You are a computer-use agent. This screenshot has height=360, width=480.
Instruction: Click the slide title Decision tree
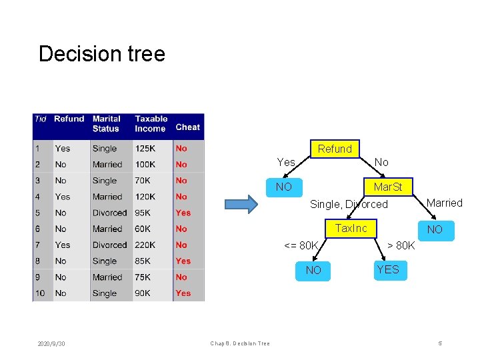[101, 53]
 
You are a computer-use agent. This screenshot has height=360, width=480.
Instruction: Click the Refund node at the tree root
[335, 149]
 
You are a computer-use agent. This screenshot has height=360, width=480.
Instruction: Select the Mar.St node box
[387, 187]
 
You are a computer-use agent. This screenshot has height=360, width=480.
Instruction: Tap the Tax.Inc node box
[351, 229]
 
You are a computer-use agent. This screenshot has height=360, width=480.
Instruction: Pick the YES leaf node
[387, 269]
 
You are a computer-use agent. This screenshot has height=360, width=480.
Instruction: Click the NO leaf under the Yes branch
[284, 187]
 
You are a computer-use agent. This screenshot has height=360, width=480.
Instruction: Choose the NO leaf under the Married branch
[435, 230]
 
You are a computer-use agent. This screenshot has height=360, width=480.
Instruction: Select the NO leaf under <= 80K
[313, 270]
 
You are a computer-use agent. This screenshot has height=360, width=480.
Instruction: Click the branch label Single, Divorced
[349, 205]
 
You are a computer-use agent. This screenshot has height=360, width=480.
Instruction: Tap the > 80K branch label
[401, 247]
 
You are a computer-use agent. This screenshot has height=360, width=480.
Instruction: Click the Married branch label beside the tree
[444, 203]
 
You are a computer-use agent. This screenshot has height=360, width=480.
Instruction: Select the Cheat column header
[187, 127]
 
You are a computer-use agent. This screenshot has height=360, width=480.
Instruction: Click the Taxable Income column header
[151, 124]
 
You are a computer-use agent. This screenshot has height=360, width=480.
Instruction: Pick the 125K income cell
[145, 149]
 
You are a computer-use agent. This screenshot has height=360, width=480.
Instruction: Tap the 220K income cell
[145, 245]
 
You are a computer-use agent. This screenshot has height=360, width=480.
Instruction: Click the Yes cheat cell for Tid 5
[183, 213]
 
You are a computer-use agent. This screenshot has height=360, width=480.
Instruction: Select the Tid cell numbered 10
[39, 293]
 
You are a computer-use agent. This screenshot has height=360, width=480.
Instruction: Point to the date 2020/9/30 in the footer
[51, 343]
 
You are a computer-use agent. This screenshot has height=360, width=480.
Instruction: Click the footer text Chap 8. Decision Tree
[240, 343]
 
